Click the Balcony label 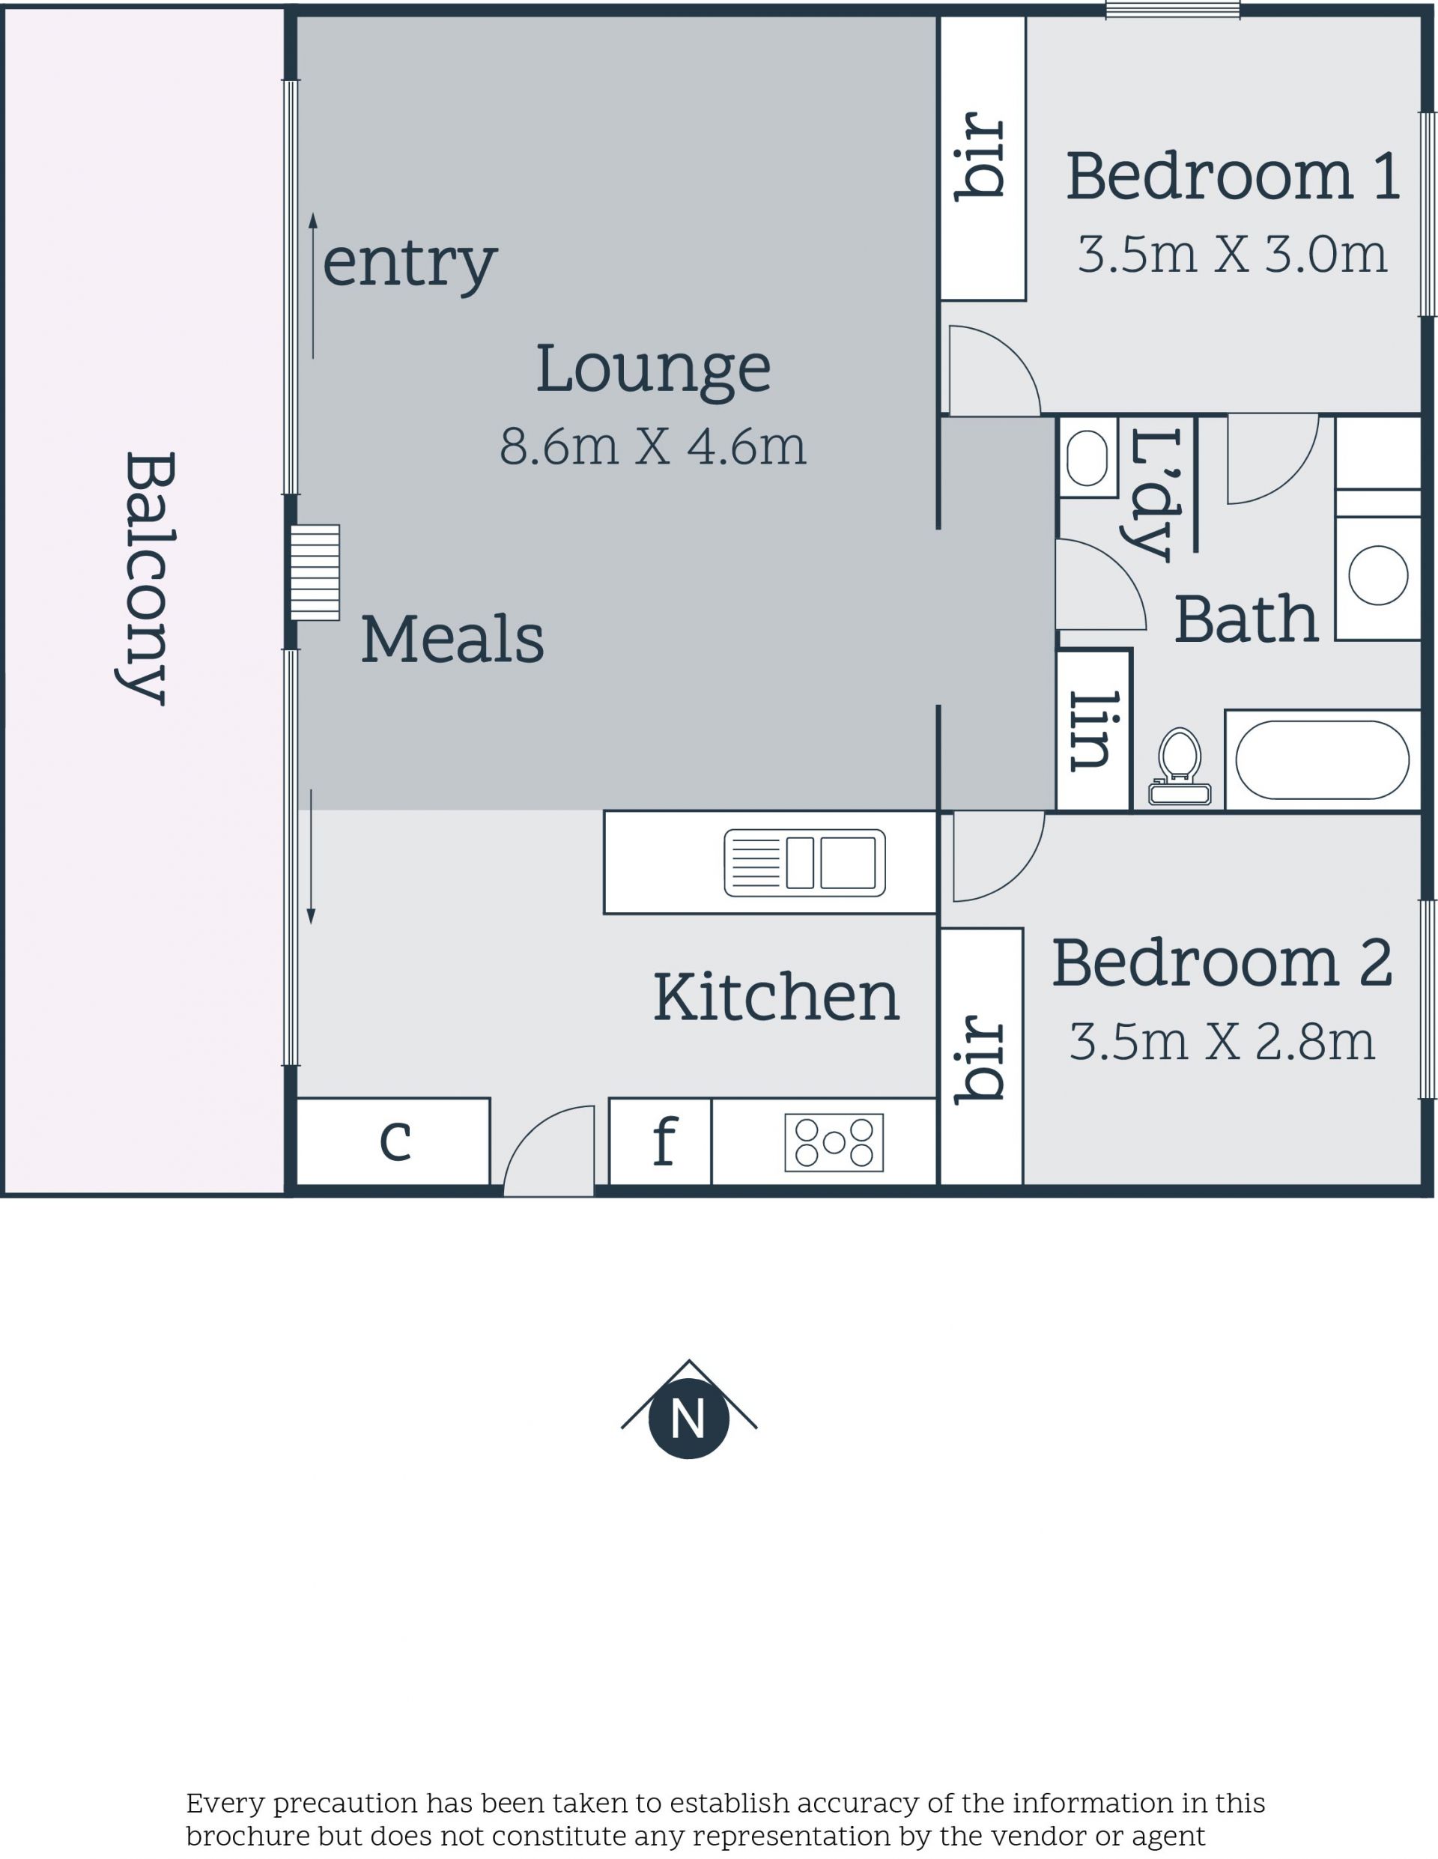pyautogui.click(x=147, y=578)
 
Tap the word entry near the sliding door pyautogui.click(x=410, y=264)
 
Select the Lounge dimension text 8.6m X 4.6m pyautogui.click(x=652, y=446)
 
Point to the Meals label pyautogui.click(x=452, y=638)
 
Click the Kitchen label pyautogui.click(x=776, y=997)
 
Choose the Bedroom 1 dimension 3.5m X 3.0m pyautogui.click(x=1232, y=255)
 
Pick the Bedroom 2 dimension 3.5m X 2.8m pyautogui.click(x=1222, y=1042)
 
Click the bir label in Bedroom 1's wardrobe pyautogui.click(x=981, y=157)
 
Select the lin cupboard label pyautogui.click(x=1090, y=731)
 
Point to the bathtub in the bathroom pyautogui.click(x=1322, y=760)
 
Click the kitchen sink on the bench pyautogui.click(x=804, y=863)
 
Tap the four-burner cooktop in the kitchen pyautogui.click(x=834, y=1142)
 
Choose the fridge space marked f pyautogui.click(x=660, y=1141)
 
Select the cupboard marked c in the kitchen pyautogui.click(x=393, y=1141)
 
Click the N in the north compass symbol pyautogui.click(x=688, y=1419)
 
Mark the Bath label pyautogui.click(x=1246, y=619)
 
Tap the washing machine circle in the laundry pyautogui.click(x=1377, y=575)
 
